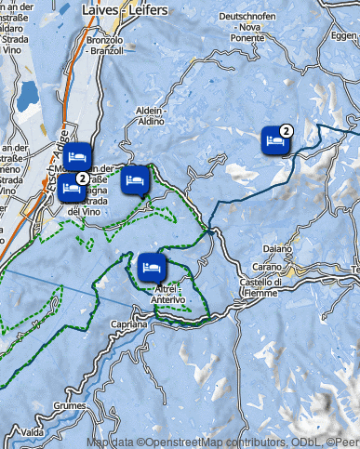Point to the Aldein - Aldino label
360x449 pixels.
(x=151, y=116)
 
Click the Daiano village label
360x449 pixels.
(x=277, y=249)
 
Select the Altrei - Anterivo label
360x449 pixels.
(x=168, y=294)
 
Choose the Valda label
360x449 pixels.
(x=33, y=432)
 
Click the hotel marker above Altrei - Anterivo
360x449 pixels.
(x=151, y=268)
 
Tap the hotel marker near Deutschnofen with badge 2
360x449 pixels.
(x=274, y=141)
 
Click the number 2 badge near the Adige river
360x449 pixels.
(x=83, y=178)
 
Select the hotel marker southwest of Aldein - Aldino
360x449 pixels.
(x=135, y=179)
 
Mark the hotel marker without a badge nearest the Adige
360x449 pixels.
(x=77, y=155)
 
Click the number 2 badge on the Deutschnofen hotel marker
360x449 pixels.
(x=287, y=131)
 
